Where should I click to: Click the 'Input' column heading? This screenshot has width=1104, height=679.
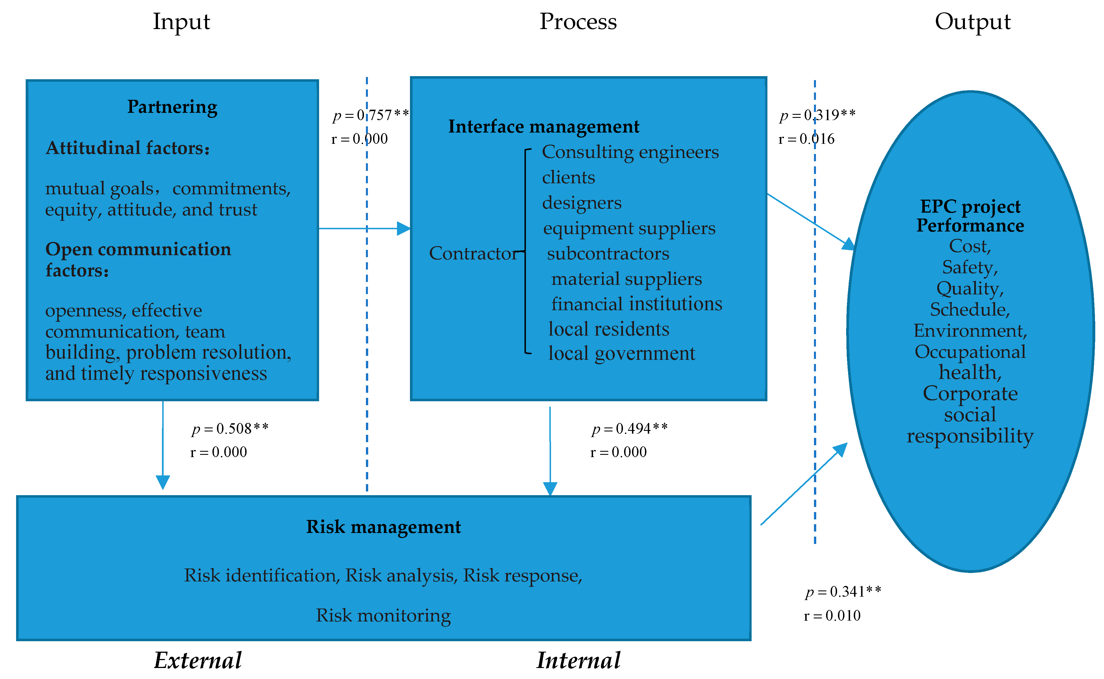pyautogui.click(x=181, y=21)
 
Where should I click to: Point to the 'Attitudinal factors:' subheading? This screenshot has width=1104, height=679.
pyautogui.click(x=128, y=148)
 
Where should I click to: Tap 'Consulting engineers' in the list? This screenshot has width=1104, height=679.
pyautogui.click(x=630, y=152)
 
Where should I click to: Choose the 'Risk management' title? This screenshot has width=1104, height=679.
pyautogui.click(x=383, y=527)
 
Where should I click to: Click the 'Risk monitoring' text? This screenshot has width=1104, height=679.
pyautogui.click(x=383, y=615)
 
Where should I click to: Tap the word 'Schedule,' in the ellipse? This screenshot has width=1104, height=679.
pyautogui.click(x=970, y=309)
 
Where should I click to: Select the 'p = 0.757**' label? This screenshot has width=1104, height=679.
pyautogui.click(x=371, y=115)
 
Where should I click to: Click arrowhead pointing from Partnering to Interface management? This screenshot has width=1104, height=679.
pyautogui.click(x=403, y=229)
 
